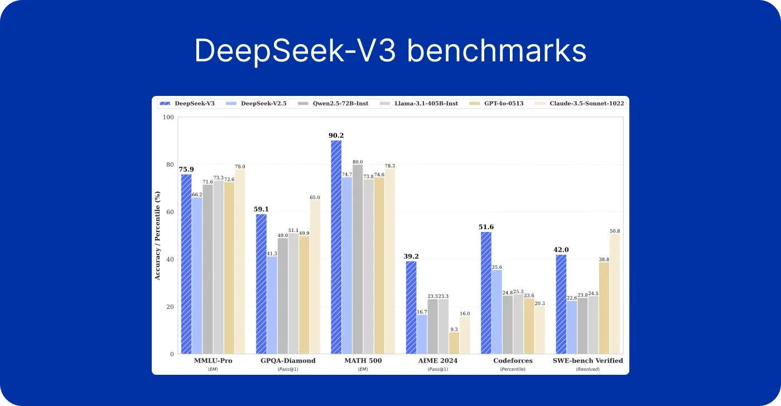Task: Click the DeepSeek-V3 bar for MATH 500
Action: (336, 247)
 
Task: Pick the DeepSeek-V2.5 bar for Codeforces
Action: (496, 312)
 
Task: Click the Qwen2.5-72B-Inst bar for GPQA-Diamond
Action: (283, 296)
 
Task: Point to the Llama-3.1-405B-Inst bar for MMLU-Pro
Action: (218, 267)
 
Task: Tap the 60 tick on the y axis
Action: (170, 212)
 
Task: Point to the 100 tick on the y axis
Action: (168, 117)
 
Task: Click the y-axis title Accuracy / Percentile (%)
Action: (157, 235)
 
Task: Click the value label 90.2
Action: (336, 135)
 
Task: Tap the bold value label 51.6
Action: (486, 226)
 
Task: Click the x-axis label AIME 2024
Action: (438, 360)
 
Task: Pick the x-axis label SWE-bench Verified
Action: (587, 360)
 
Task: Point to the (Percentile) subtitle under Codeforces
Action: (513, 369)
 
